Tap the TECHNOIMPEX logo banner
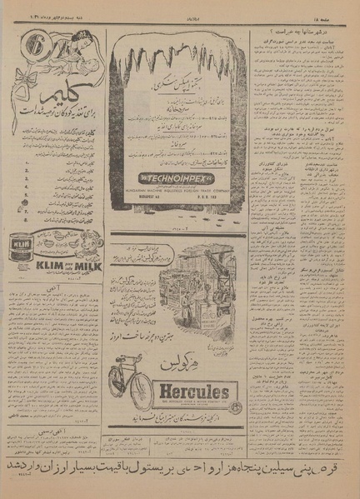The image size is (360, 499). pyautogui.click(x=177, y=178)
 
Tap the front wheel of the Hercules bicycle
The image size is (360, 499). pyautogui.click(x=120, y=392)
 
